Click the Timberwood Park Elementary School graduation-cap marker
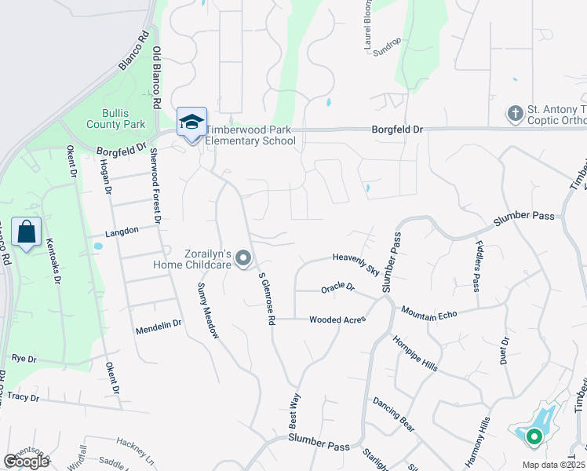(x=191, y=122)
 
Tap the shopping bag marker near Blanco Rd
(x=26, y=232)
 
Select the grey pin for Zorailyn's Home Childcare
(x=243, y=257)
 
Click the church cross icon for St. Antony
(x=516, y=114)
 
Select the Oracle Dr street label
(x=338, y=289)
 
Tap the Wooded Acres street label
(x=337, y=319)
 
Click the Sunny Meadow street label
(x=208, y=310)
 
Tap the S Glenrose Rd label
(x=267, y=298)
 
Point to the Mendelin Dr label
(x=159, y=323)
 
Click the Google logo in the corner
(x=26, y=462)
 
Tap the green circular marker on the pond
(x=534, y=436)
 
